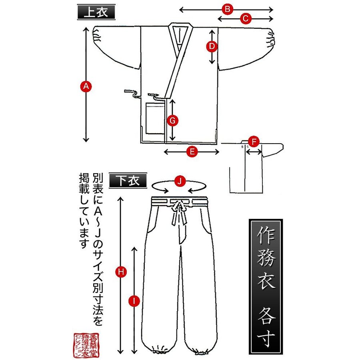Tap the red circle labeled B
(228, 9)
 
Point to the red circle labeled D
(212, 46)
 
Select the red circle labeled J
(180, 181)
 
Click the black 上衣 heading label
(96, 12)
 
